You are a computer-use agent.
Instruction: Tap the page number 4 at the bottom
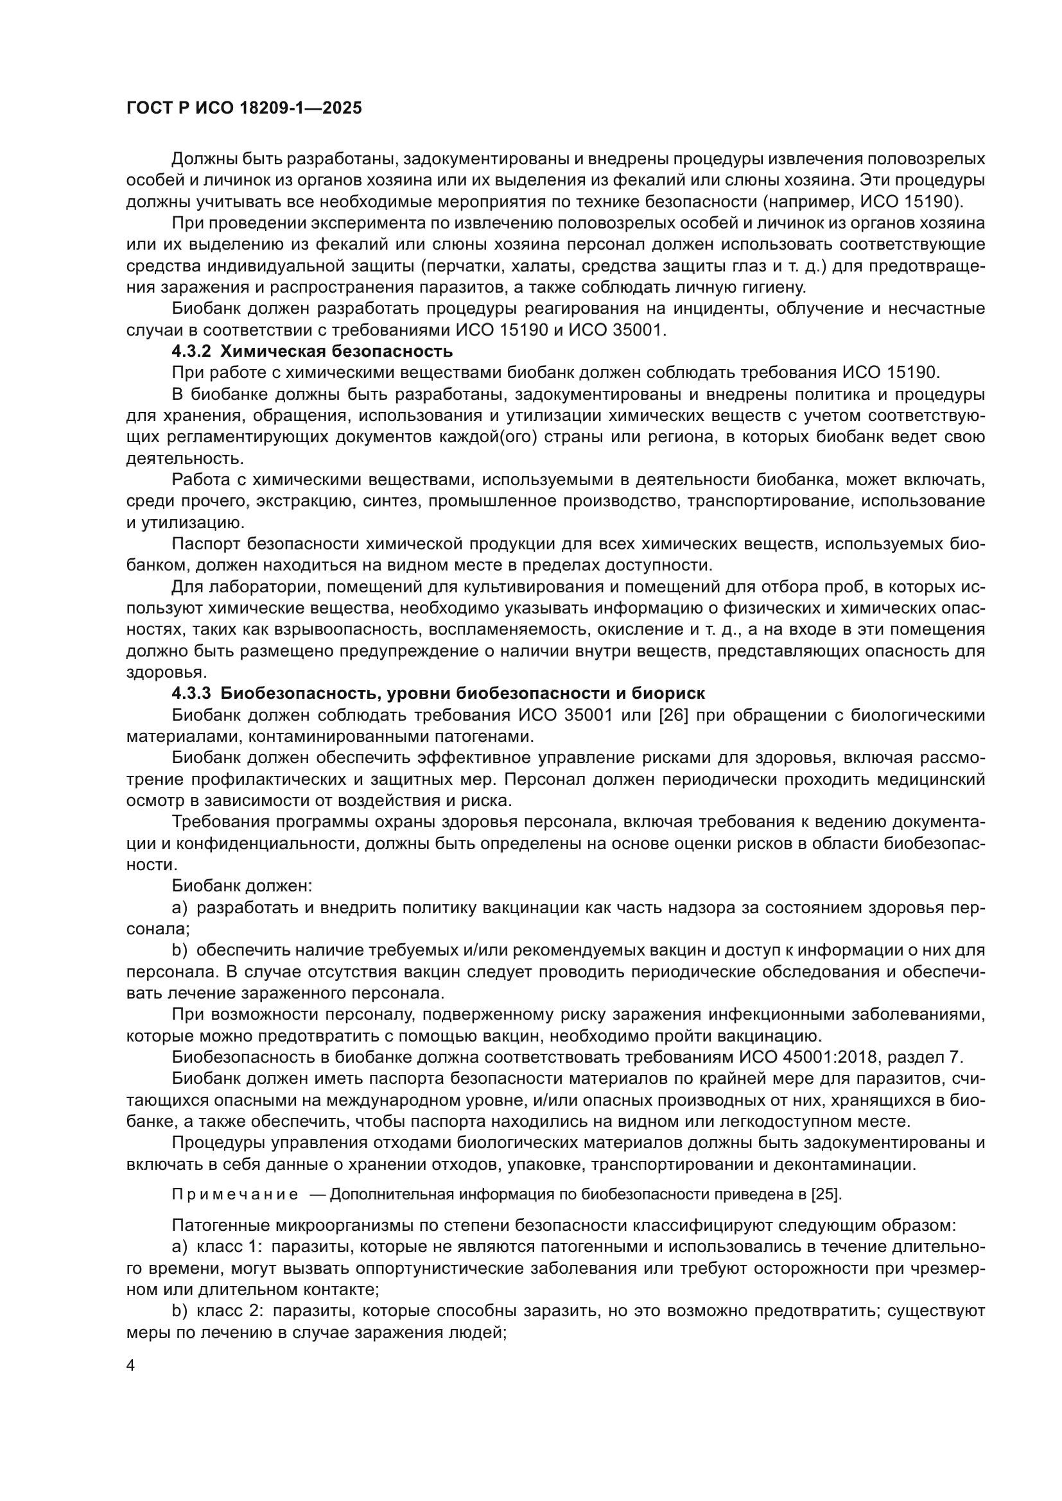pyautogui.click(x=130, y=1366)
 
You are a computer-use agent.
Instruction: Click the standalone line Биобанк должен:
pyautogui.click(x=242, y=886)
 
